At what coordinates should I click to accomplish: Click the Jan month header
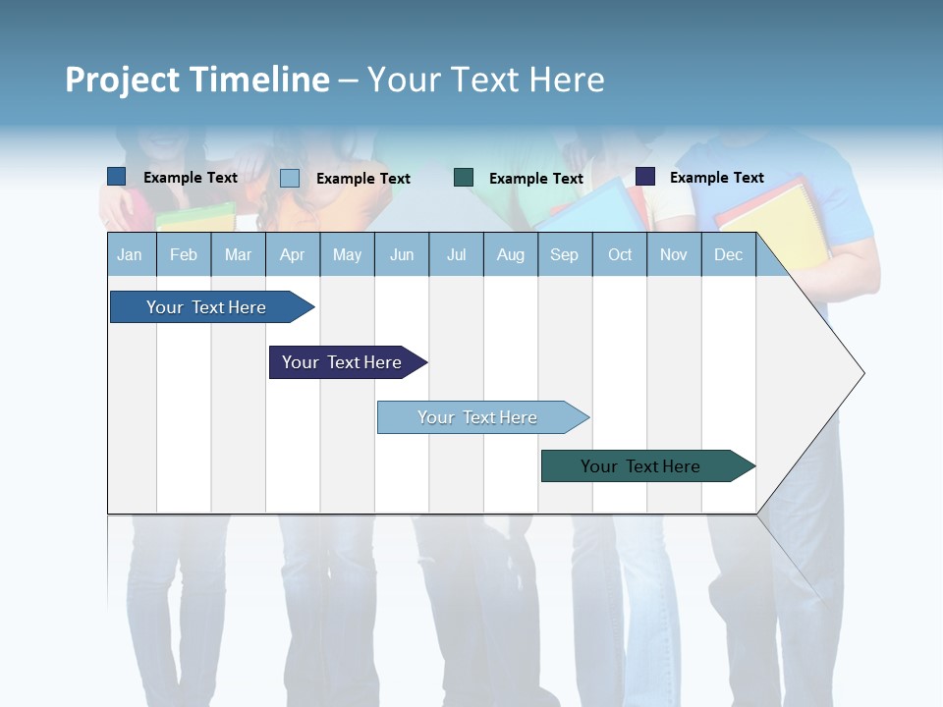point(131,255)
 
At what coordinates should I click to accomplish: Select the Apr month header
point(293,255)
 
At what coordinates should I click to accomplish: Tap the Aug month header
point(511,255)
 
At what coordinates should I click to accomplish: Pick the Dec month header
point(729,255)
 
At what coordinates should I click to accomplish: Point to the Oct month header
point(620,255)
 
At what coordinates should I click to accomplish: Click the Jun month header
point(402,255)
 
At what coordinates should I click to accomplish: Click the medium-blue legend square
point(117,177)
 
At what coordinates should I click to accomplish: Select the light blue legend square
point(290,178)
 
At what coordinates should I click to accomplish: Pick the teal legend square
point(464,178)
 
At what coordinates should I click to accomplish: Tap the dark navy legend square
point(645,177)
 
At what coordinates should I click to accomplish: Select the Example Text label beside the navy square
point(717,178)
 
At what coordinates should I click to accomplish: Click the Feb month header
point(184,255)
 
